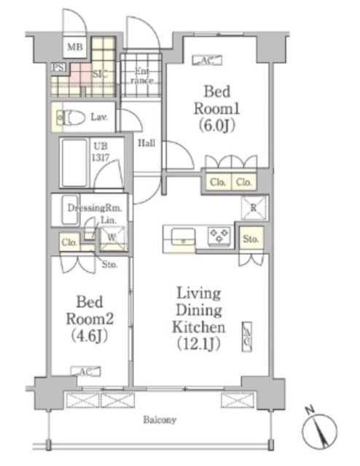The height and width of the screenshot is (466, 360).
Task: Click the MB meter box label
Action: click(x=74, y=47)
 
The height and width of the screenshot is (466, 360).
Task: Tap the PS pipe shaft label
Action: click(x=58, y=68)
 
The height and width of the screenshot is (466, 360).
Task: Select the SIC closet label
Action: click(x=100, y=74)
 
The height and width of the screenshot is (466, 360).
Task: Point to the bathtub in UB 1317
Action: click(x=74, y=162)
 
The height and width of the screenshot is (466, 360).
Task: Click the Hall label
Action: click(x=146, y=143)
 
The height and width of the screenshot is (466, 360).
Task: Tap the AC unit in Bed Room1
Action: click(x=207, y=60)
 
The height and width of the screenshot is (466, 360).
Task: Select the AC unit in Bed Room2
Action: click(x=86, y=371)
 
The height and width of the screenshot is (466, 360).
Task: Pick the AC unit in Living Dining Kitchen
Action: click(x=247, y=336)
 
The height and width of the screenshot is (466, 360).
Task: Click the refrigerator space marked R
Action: click(x=253, y=208)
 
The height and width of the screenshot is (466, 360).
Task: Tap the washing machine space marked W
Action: click(x=112, y=238)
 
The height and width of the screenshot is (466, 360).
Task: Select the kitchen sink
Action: click(x=183, y=237)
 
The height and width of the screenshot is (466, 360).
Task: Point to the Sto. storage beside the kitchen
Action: click(x=251, y=238)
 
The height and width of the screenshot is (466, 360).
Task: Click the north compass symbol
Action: click(x=319, y=430)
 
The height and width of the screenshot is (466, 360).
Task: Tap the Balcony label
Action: click(x=160, y=419)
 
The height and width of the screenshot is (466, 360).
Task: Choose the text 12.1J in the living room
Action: click(x=199, y=344)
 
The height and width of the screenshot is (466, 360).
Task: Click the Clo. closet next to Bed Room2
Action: click(x=70, y=242)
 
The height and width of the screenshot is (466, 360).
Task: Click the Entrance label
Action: click(x=142, y=76)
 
